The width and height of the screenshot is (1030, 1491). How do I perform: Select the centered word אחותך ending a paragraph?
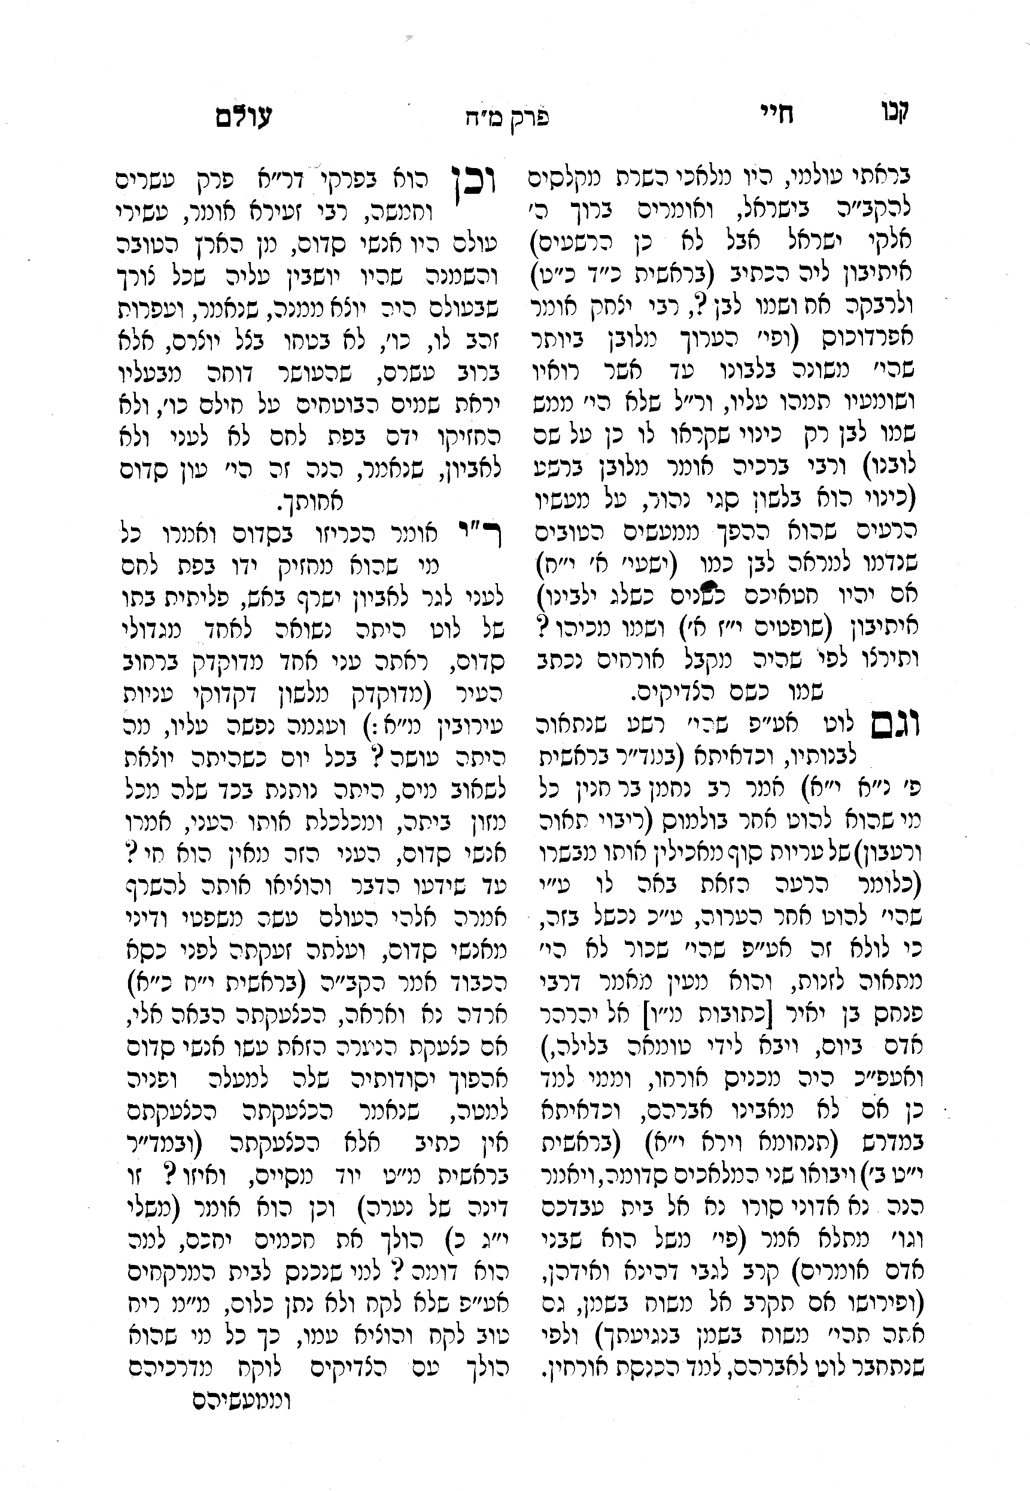(311, 501)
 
